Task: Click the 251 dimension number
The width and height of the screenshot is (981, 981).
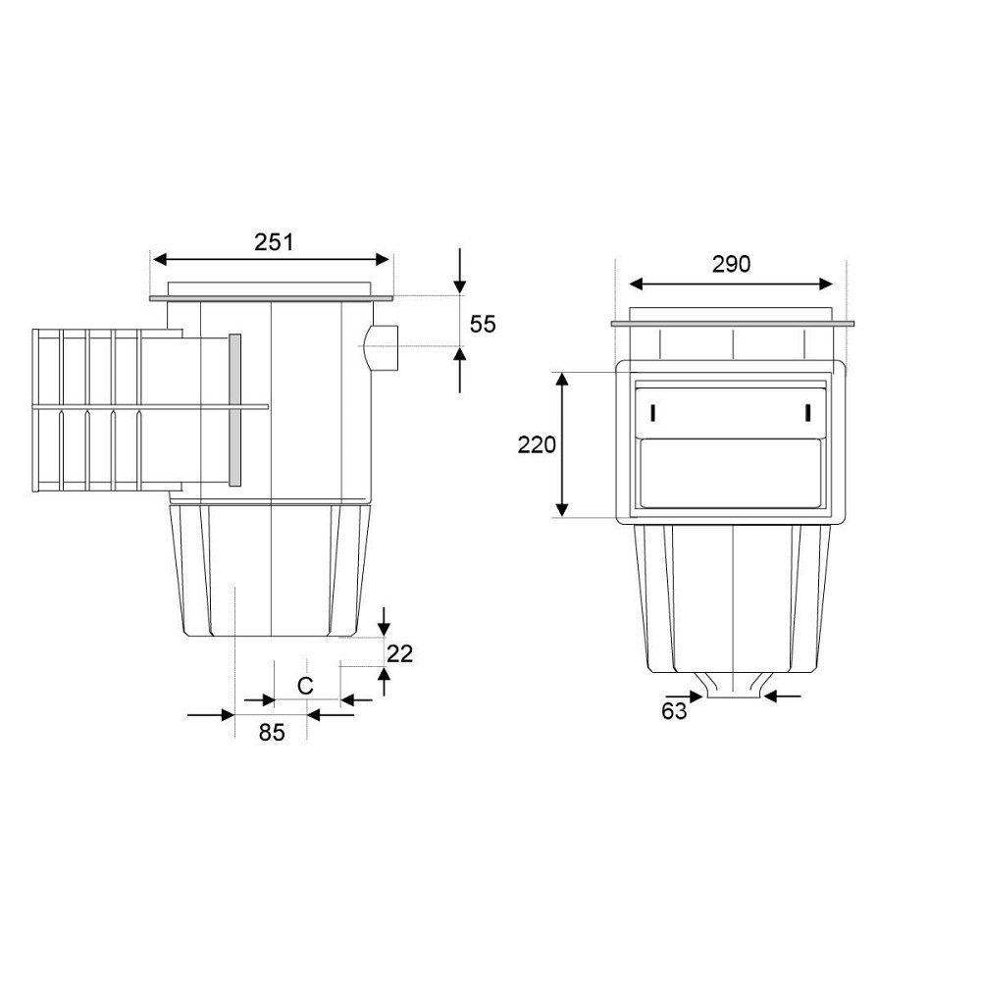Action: tap(274, 241)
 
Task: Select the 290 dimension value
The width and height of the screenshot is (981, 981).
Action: tap(731, 265)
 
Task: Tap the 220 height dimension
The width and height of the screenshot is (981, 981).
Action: tap(537, 444)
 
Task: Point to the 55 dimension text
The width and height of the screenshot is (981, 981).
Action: tap(483, 324)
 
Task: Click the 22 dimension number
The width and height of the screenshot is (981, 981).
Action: tap(400, 653)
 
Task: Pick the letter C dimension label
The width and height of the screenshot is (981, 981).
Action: tap(305, 687)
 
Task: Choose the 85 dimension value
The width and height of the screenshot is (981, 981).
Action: tap(272, 732)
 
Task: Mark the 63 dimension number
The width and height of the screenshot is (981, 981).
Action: tap(674, 711)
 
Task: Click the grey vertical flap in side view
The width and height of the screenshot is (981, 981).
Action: tap(235, 410)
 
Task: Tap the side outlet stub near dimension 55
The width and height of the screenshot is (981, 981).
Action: tap(381, 348)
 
